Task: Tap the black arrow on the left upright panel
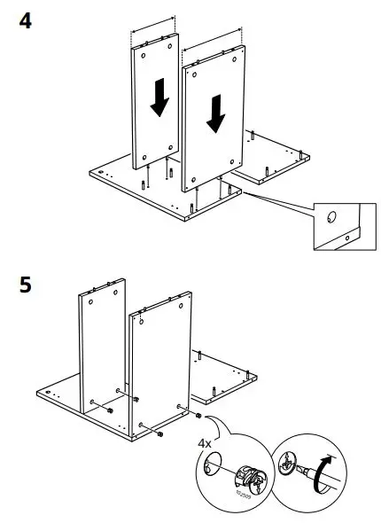[x=159, y=98]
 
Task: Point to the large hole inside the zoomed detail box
[x=330, y=216]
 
